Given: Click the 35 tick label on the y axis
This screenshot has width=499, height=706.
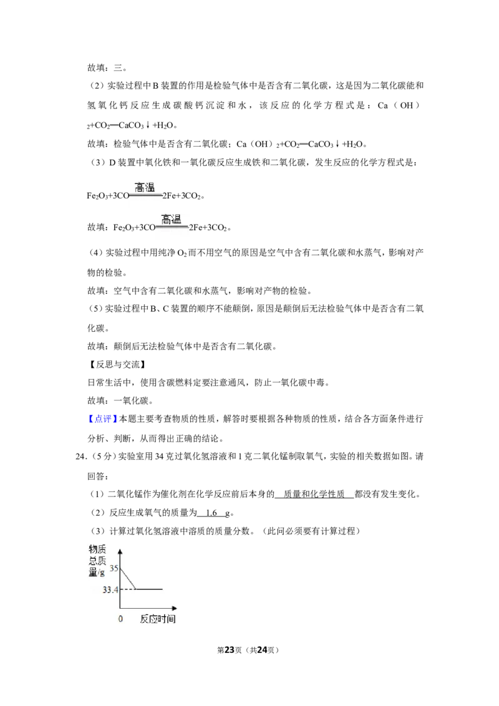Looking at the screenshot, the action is tap(114, 568).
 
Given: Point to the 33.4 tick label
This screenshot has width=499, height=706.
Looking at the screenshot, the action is tap(110, 589).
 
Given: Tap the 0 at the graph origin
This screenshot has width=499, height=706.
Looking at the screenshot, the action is tap(120, 619).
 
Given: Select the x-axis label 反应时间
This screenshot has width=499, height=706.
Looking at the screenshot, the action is tap(157, 619).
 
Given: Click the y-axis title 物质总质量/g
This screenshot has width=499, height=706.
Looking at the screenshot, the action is tap(97, 560).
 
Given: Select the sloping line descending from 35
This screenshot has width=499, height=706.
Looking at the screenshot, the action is tap(128, 578).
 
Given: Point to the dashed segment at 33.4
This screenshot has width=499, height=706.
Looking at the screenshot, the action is tap(128, 589).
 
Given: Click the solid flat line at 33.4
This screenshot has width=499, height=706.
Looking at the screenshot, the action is tap(150, 589).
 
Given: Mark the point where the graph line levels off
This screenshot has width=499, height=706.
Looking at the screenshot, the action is tap(136, 589).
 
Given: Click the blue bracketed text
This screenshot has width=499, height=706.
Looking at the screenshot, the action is tap(102, 419).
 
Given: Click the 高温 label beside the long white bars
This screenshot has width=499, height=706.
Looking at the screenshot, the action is tap(171, 219).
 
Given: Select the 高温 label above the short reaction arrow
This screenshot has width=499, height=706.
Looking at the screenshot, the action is tap(145, 187).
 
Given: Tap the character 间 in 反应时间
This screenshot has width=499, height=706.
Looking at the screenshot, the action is tap(171, 619).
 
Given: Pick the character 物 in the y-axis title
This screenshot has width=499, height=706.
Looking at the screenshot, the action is tap(94, 549).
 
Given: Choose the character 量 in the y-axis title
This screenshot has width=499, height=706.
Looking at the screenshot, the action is tap(94, 571).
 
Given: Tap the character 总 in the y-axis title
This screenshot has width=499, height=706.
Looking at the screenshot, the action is tap(94, 560).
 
